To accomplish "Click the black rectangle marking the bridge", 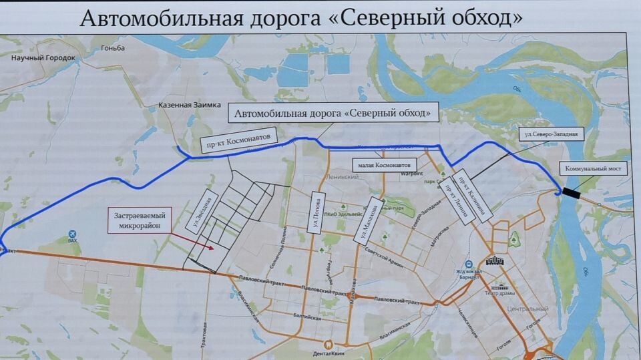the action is [572, 192].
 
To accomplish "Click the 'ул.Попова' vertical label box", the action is [316, 213].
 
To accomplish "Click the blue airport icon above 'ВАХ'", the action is [72, 234].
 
